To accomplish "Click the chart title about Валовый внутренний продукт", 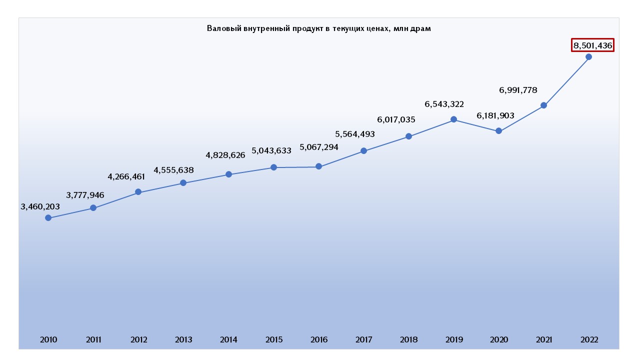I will [319, 28].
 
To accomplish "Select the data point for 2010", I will [48, 217].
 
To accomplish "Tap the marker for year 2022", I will [588, 56].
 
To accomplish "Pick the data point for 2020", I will [498, 131].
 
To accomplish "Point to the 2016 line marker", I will [318, 166].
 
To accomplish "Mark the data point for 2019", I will [453, 119].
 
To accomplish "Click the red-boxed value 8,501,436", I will [592, 45].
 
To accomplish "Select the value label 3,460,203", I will [40, 206].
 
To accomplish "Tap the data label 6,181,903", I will [495, 115].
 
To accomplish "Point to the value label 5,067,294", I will [319, 147].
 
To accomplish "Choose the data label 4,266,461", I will [126, 176].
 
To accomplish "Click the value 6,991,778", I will [518, 90].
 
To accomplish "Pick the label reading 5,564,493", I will [355, 134].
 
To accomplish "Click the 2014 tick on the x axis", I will [228, 340].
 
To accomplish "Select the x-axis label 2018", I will [408, 340].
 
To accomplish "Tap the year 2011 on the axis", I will [93, 340].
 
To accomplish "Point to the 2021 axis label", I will [543, 340].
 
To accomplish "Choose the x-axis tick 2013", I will [183, 340].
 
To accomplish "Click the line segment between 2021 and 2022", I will [566, 81].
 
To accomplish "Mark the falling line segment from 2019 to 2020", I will [476, 125].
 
